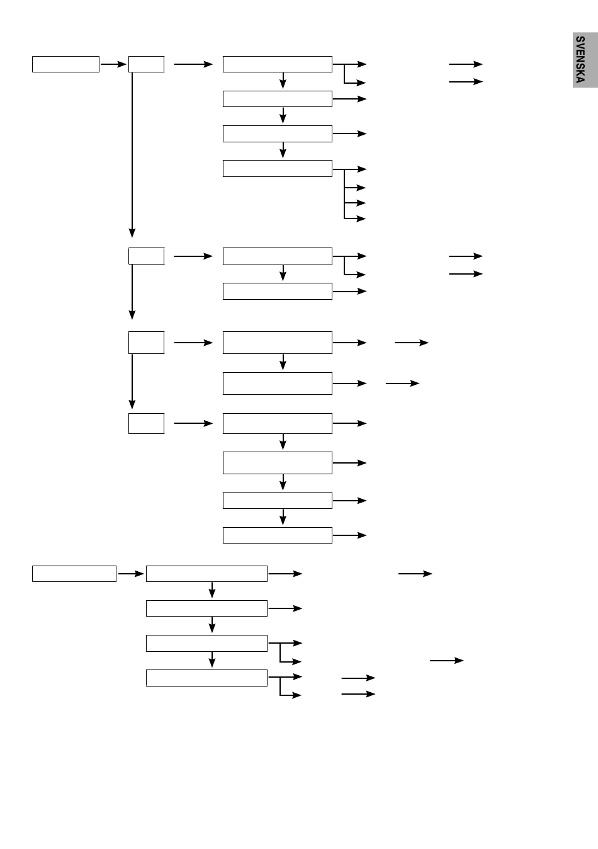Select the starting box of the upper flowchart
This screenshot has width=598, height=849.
[65, 64]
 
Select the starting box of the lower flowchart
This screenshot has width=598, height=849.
[74, 574]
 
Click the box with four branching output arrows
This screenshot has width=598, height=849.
[277, 169]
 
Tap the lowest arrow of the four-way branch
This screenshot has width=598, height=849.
[356, 219]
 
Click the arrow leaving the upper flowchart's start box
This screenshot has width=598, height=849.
[113, 64]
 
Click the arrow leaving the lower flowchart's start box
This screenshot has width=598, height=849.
[131, 574]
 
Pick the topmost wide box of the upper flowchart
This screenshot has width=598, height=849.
[277, 64]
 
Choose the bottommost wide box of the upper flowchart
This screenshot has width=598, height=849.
[277, 535]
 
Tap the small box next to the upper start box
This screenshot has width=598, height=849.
[146, 64]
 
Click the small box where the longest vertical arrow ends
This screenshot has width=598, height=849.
[146, 256]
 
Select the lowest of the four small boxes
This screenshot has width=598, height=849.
[146, 423]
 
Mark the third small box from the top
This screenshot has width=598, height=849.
[146, 343]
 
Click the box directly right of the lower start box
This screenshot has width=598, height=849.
[206, 574]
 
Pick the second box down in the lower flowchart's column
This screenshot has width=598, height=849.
[206, 608]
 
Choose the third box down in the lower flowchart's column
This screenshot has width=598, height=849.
[206, 643]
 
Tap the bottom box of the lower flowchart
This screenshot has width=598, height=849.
[206, 678]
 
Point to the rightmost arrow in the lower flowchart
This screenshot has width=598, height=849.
[446, 661]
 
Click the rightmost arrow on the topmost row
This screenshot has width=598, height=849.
[466, 64]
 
